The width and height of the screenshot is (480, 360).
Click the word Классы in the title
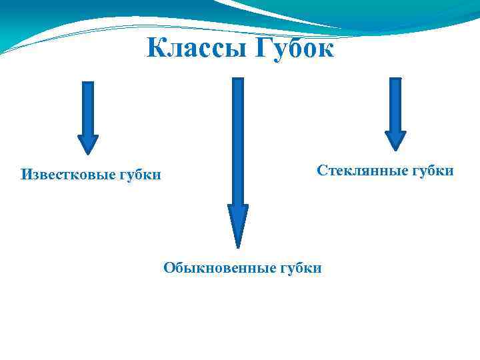pos(193,47)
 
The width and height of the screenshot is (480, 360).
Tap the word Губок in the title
pos(291,47)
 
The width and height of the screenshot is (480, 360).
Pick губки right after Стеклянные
pos(432,171)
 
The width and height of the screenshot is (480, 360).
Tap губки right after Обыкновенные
pos(300,269)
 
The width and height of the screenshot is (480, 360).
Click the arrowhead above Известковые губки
pos(88,144)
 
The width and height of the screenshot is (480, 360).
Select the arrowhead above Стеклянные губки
pos(395,139)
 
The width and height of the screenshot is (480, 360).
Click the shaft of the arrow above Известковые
pos(88,107)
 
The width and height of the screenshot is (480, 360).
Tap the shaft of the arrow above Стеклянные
pos(395,103)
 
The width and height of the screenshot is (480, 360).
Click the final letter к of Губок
pos(325,49)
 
